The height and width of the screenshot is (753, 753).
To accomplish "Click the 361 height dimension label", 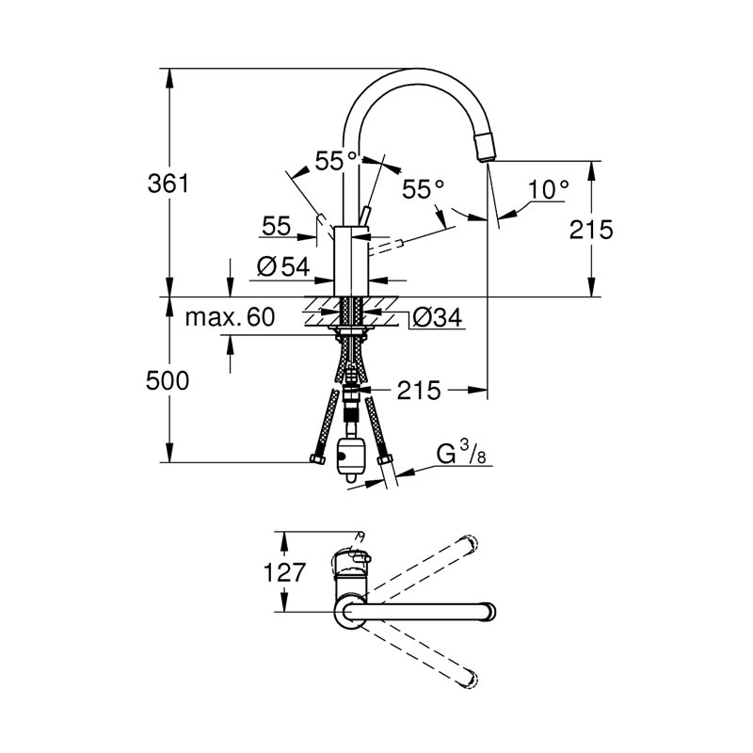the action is coord(168,184).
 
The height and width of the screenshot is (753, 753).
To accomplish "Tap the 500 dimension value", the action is coord(168,381).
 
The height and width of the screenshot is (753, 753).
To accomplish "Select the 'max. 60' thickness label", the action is coord(230,317).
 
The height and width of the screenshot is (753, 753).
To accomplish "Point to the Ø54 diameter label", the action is coord(283,266).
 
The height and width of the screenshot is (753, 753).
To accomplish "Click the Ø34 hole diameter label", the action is coord(438,317).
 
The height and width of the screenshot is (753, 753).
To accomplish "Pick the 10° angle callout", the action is coord(549,189).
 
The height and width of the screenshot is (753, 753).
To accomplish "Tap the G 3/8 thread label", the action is coord(460,454).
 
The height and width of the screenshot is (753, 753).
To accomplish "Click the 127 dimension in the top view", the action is coord(284,572).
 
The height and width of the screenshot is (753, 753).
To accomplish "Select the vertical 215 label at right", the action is coord(591,230).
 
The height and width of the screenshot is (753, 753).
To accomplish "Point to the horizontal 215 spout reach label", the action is coord(419,391).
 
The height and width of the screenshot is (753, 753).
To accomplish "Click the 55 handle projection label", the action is coord(277,226).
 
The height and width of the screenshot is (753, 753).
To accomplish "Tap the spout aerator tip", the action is coord(485,146).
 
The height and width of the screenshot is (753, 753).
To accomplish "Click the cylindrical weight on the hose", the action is coord(349,457).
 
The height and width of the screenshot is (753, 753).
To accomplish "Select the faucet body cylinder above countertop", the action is coord(351,261).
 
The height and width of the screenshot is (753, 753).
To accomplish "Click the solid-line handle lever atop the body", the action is coord(365,216).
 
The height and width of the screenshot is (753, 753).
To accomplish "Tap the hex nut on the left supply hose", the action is coord(317,459).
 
